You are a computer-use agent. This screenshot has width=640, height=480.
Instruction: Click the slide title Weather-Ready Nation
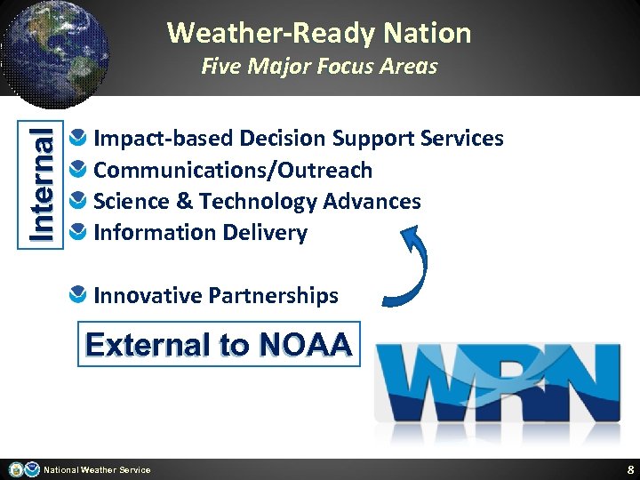[x=319, y=33]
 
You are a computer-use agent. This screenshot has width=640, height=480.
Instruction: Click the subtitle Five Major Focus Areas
[x=319, y=67]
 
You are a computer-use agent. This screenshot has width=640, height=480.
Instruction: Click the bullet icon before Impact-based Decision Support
[x=79, y=139]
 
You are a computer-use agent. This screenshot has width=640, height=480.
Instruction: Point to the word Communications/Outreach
[x=233, y=170]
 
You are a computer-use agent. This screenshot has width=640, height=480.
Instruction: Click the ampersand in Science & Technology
[x=185, y=202]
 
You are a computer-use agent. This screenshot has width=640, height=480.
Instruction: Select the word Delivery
[x=266, y=233]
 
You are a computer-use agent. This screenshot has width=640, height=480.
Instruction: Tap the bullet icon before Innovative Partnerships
[x=79, y=295]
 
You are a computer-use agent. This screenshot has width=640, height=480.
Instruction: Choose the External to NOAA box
[x=219, y=344]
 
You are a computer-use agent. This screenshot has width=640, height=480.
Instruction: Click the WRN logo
[x=497, y=383]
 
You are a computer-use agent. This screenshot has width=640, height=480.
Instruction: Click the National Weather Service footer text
[x=98, y=470]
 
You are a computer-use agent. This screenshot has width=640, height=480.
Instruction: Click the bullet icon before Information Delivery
[x=79, y=233]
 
